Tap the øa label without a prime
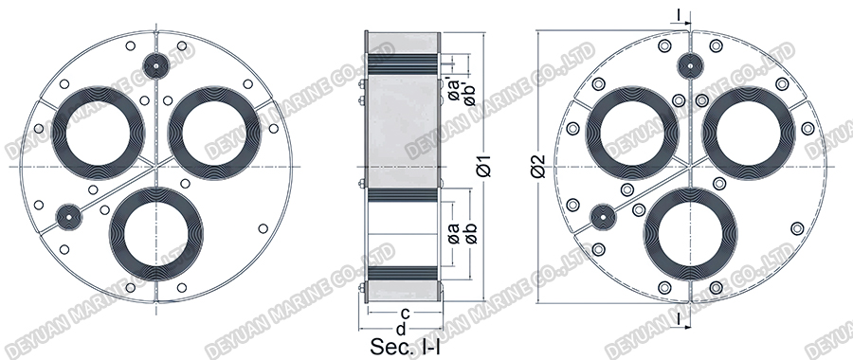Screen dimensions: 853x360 (x=454, y=232)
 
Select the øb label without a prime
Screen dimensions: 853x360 (x=470, y=232)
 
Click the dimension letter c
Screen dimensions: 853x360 (x=404, y=313)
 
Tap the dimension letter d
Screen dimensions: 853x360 (x=401, y=329)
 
